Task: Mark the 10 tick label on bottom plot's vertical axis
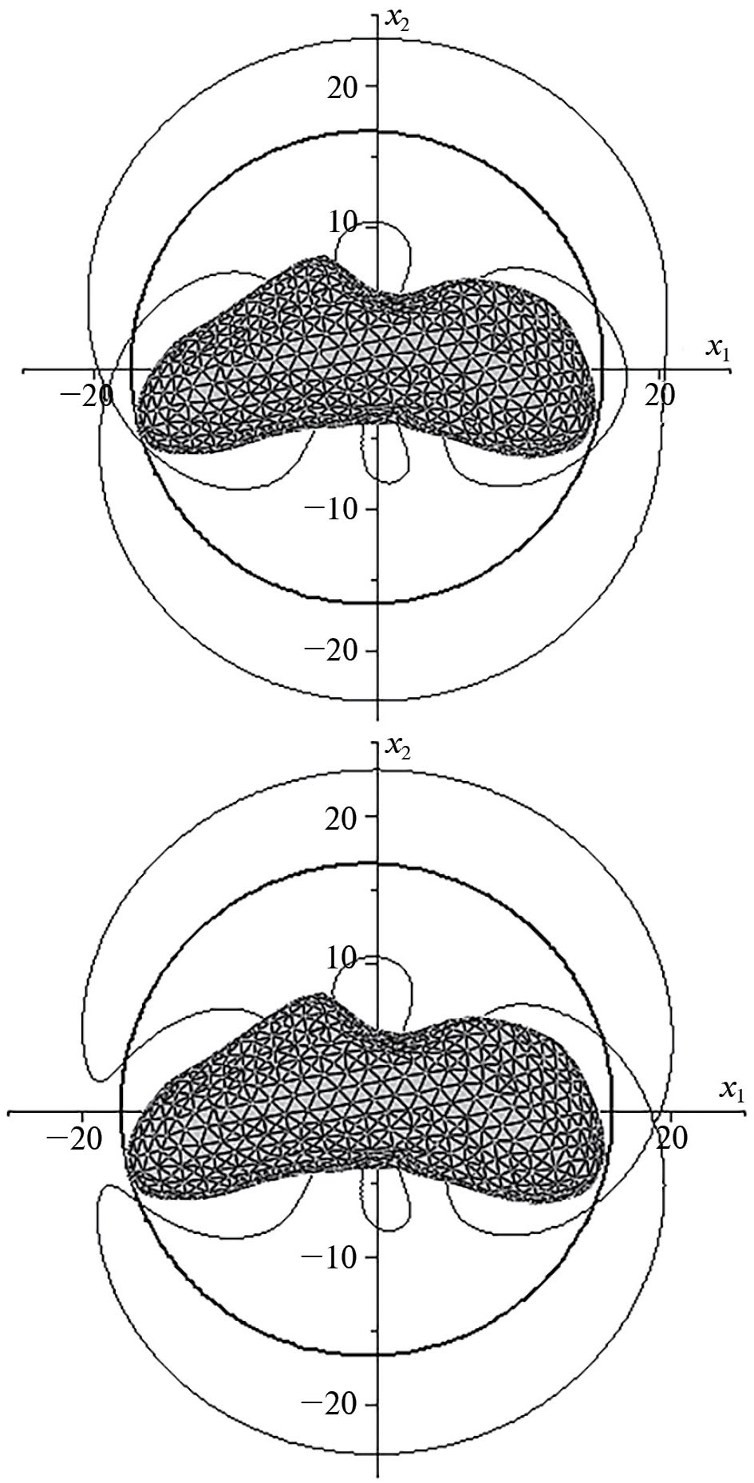pyautogui.click(x=347, y=960)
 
